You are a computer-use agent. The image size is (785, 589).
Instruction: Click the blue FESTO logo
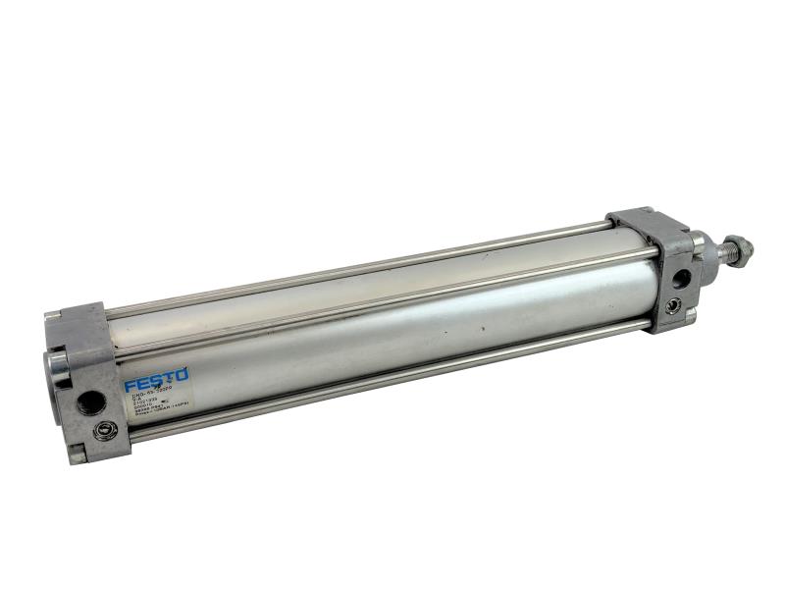[x=155, y=379]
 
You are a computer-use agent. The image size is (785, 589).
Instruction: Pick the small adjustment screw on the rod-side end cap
[x=672, y=305]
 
